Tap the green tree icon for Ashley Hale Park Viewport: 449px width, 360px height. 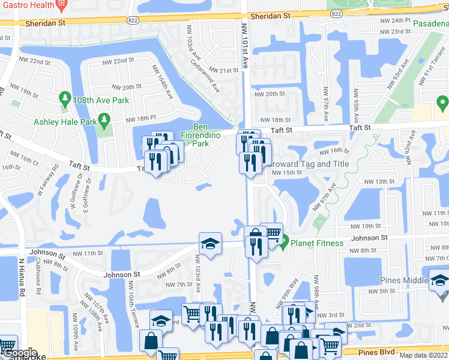(x=105, y=122)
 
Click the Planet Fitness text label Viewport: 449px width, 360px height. (x=317, y=243)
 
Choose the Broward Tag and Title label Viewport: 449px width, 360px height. (x=307, y=164)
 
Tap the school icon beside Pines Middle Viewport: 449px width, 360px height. (x=438, y=280)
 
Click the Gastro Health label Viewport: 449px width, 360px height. (x=28, y=5)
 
